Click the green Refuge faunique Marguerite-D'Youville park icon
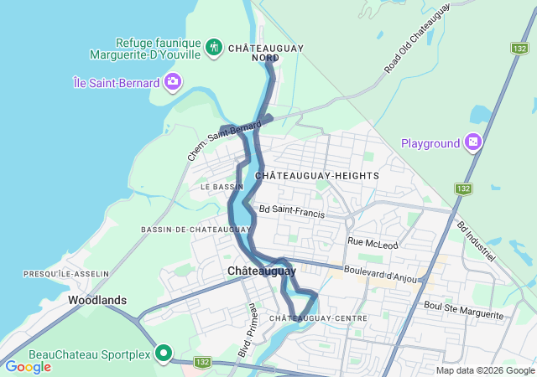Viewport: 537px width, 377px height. tap(214, 46)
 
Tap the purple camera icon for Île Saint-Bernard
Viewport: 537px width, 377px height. tap(173, 81)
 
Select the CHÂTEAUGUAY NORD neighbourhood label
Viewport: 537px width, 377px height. tap(266, 53)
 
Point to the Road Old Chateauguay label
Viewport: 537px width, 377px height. tap(417, 38)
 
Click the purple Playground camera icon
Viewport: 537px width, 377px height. tap(474, 143)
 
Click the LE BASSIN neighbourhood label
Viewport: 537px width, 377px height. tap(222, 187)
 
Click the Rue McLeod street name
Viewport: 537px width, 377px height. tap(370, 241)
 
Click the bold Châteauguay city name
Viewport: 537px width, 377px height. tap(261, 271)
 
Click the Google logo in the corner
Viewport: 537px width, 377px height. tap(28, 367)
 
